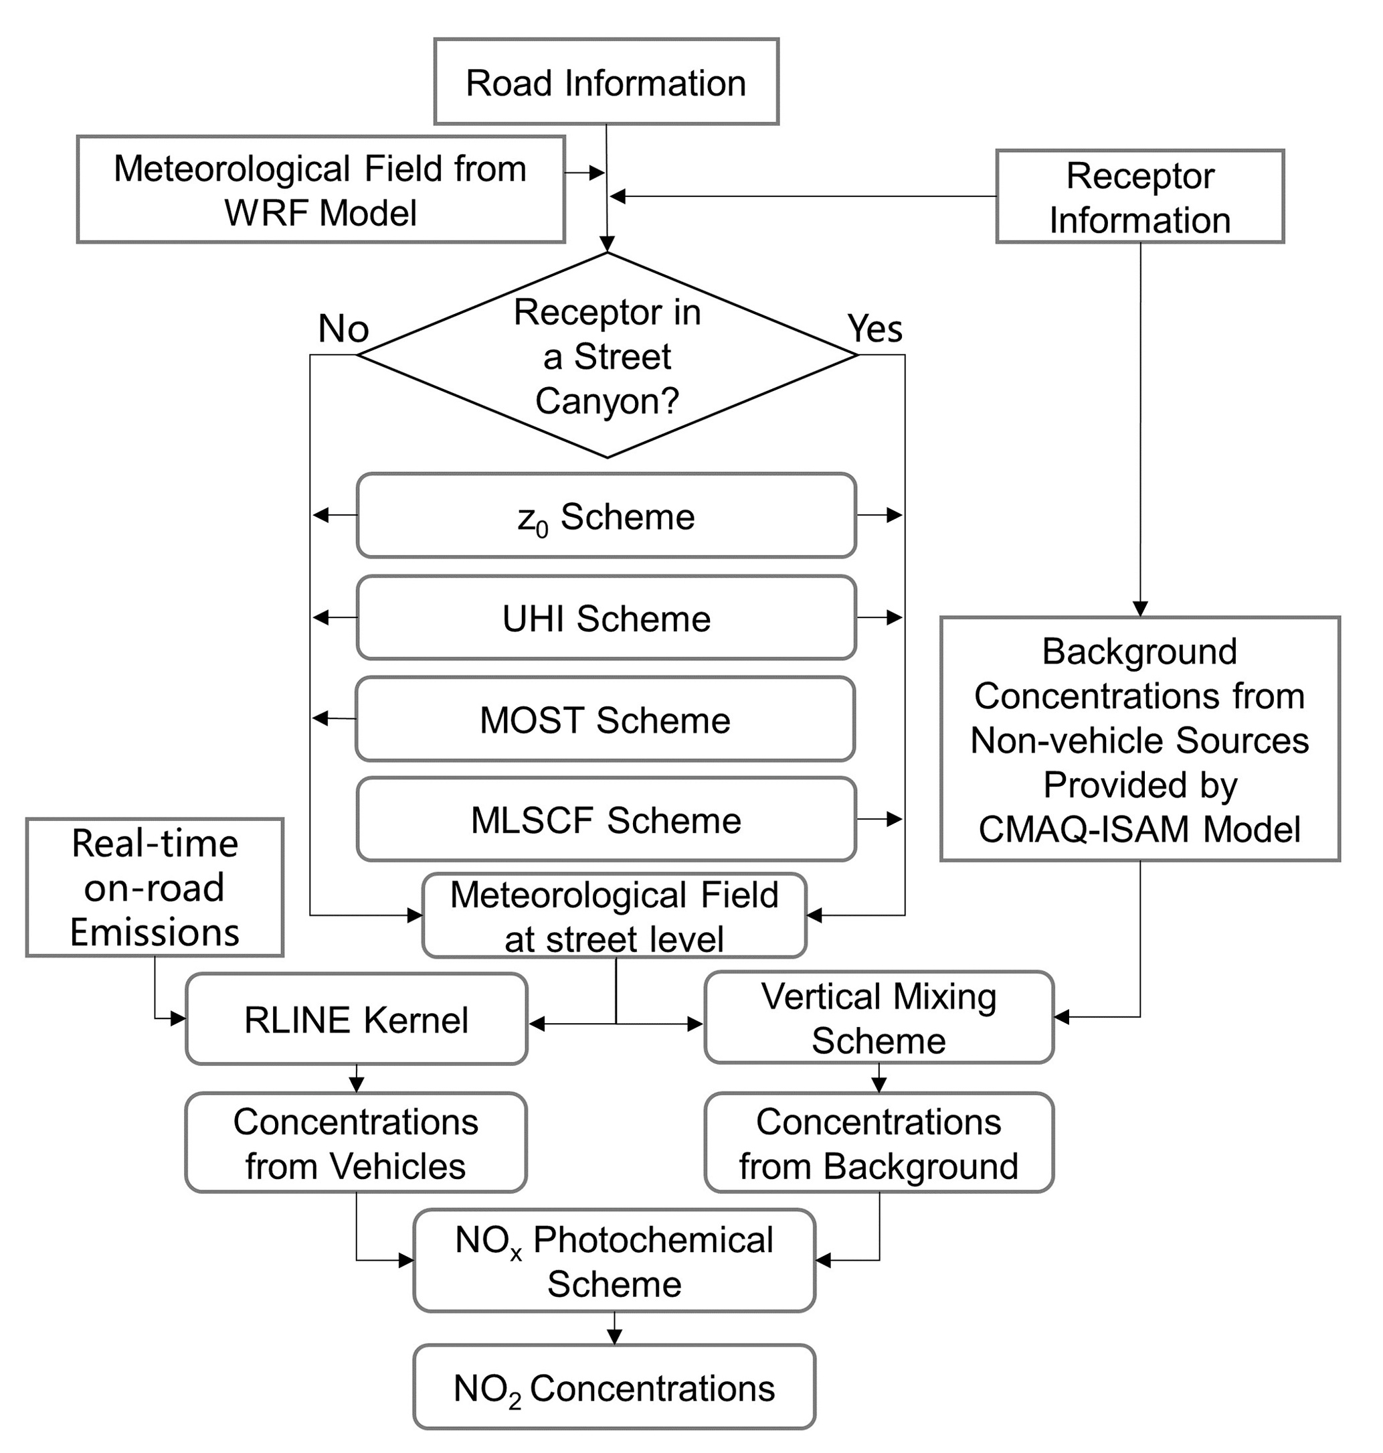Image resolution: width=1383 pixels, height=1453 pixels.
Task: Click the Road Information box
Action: (x=606, y=82)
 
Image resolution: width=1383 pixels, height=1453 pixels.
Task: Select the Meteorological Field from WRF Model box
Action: (x=320, y=189)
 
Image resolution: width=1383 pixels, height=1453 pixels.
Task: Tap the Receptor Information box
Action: (x=1139, y=197)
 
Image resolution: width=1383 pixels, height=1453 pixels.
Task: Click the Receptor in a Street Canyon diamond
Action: (x=607, y=356)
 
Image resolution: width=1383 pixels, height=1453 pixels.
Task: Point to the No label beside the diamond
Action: (x=343, y=328)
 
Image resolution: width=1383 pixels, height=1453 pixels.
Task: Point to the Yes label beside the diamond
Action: (x=874, y=328)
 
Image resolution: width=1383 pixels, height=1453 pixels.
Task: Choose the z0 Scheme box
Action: (x=606, y=516)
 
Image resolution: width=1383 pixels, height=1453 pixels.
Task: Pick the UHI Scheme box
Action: (x=606, y=617)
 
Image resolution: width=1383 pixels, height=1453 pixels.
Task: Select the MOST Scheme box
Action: (x=604, y=719)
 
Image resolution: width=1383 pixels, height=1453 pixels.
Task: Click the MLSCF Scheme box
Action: (x=606, y=820)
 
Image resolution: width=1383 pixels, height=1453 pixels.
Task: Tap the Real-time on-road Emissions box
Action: (x=155, y=887)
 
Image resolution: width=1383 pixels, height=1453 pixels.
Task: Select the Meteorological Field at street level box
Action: (x=614, y=916)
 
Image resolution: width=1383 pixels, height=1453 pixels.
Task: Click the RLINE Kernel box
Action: (x=356, y=1019)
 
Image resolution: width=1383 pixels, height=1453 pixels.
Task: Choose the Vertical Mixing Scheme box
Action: (x=879, y=1018)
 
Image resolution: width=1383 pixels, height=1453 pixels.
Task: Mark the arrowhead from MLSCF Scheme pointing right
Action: (x=895, y=819)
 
